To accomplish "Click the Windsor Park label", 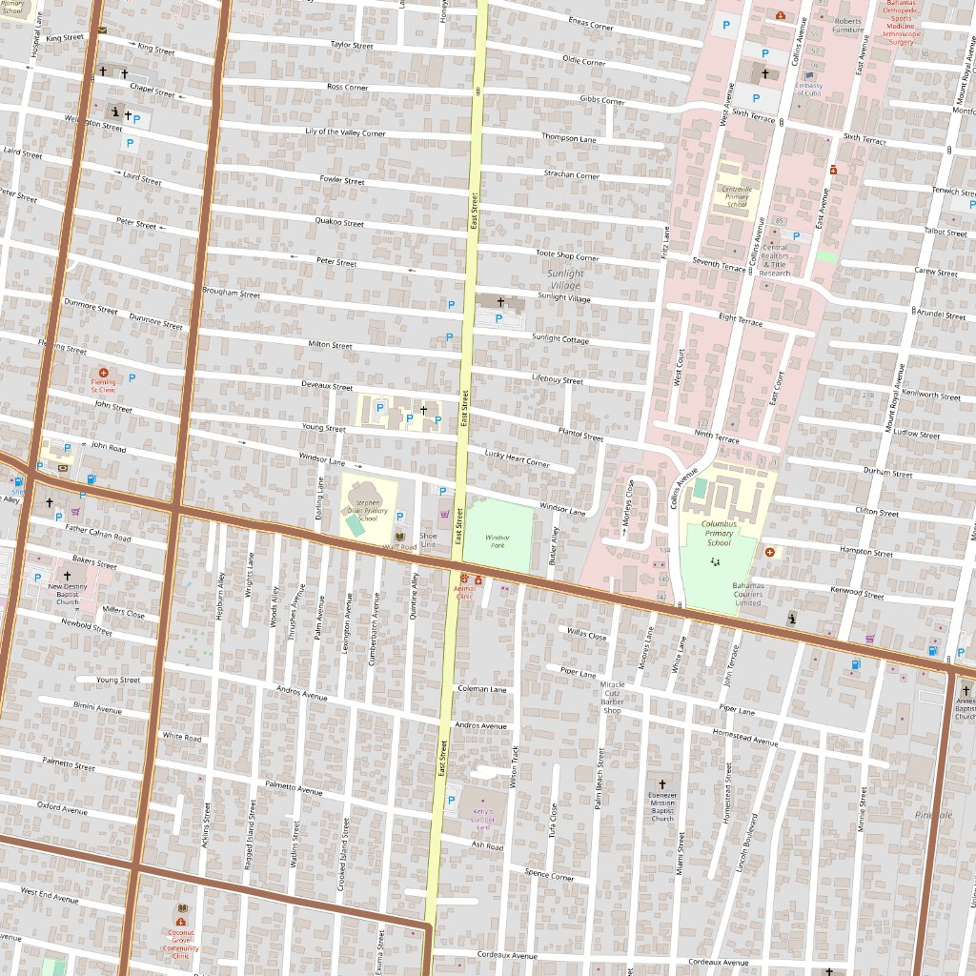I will (x=498, y=540).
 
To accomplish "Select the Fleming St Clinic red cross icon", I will (x=104, y=373).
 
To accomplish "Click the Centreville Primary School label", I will (x=738, y=196).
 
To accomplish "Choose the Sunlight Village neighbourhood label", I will (x=564, y=279).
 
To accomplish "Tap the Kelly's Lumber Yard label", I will (x=484, y=819).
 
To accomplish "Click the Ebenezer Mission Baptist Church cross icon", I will (x=662, y=783).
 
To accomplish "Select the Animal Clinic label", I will (x=463, y=593).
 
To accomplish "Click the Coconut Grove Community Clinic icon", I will (x=180, y=922).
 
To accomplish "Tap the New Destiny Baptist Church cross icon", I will (x=67, y=576).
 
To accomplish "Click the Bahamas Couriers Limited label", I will (x=748, y=594).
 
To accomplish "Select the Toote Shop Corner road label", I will (x=567, y=255).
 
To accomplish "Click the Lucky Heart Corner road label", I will (x=517, y=458).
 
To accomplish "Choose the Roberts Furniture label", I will (x=847, y=26).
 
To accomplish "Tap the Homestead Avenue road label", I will (x=745, y=736).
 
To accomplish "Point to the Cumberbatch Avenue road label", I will (x=376, y=614).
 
